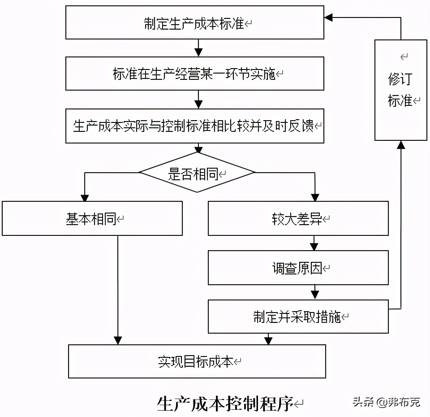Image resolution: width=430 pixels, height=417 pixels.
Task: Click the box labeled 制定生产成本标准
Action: click(195, 23)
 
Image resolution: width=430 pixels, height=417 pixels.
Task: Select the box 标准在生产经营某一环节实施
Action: click(195, 74)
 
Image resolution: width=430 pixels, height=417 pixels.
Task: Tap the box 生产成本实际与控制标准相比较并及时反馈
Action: click(195, 126)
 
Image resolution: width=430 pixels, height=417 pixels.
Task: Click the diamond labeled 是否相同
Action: click(197, 173)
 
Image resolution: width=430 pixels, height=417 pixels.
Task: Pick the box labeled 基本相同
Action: click(92, 218)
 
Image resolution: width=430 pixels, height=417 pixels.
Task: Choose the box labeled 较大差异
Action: click(298, 218)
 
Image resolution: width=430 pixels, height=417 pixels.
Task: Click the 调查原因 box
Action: click(298, 268)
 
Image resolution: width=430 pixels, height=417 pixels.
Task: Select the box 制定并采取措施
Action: click(298, 317)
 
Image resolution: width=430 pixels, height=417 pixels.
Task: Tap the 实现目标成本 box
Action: click(197, 361)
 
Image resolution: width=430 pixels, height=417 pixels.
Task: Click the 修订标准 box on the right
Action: click(400, 90)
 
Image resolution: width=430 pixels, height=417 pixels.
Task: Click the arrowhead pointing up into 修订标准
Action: click(401, 145)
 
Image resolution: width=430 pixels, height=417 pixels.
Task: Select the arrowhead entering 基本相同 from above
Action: click(84, 197)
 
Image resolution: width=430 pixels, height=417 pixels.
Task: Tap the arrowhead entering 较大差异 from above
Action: click(315, 197)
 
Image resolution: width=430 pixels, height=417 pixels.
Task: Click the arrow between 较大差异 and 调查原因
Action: click(314, 243)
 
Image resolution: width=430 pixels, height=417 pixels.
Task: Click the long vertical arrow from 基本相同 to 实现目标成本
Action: click(118, 287)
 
